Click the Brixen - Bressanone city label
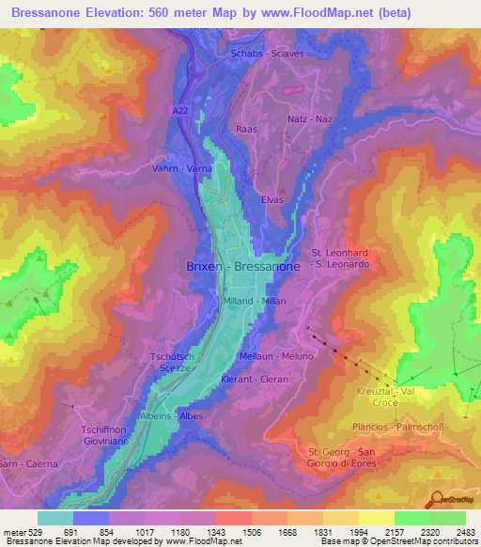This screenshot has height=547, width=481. point(241,268)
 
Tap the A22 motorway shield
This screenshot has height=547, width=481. point(180,111)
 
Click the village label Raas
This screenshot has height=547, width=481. point(247,129)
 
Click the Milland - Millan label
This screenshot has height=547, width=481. point(255,301)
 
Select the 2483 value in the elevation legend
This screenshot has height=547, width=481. point(465,531)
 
